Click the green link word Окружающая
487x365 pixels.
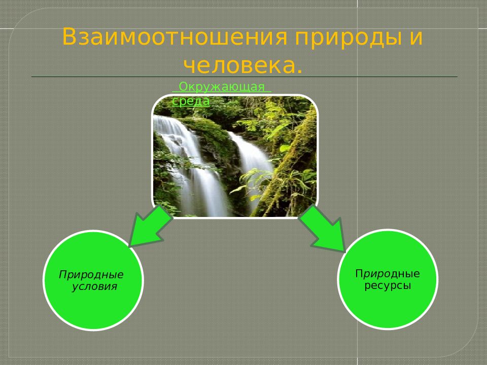222,87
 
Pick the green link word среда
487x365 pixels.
191,101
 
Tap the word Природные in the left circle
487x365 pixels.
91,275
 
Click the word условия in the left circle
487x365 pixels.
94,286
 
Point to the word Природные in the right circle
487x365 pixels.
387,274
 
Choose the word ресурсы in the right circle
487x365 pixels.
388,285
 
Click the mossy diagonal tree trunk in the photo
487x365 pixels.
286,164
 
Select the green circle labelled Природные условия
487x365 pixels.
93,280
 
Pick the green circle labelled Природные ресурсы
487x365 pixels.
388,279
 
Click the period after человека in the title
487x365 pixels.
299,72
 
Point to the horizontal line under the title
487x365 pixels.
245,77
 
